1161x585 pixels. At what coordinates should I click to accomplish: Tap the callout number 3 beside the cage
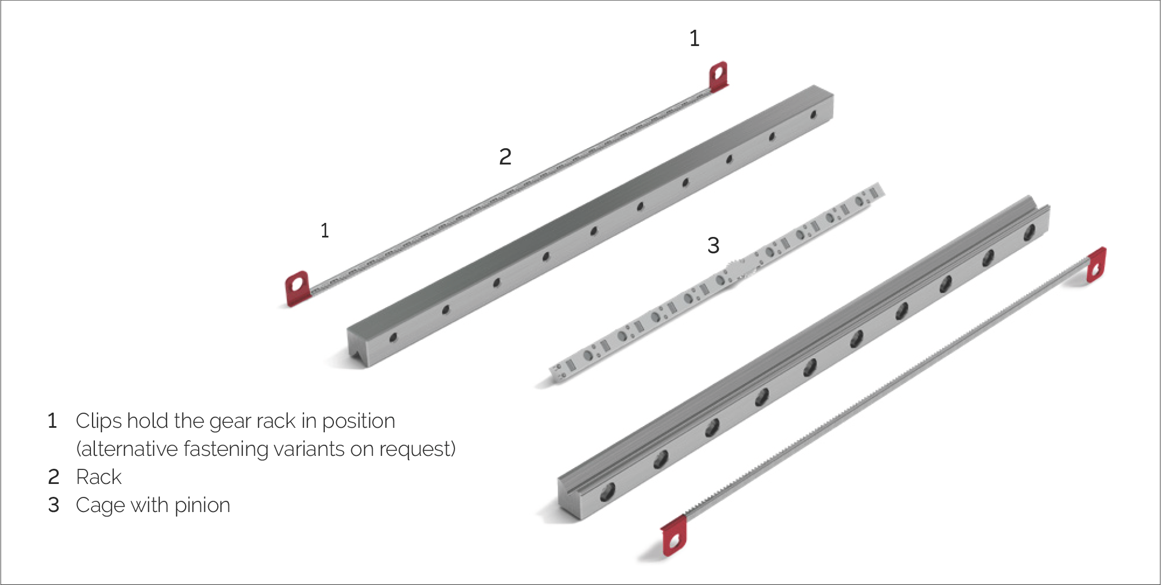coord(713,245)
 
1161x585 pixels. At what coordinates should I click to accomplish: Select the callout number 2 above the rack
coord(505,157)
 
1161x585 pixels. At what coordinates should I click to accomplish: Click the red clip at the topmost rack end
coord(719,76)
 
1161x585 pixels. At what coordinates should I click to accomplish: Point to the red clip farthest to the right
coord(1096,264)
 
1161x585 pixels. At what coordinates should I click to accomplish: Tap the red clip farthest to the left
coord(297,289)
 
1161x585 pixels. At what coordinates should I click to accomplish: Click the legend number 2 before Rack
coord(53,477)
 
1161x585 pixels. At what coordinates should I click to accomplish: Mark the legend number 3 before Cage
coord(53,505)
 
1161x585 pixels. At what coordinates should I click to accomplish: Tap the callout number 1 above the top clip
coord(694,38)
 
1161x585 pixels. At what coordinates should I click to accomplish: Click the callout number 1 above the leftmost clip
coord(324,230)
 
